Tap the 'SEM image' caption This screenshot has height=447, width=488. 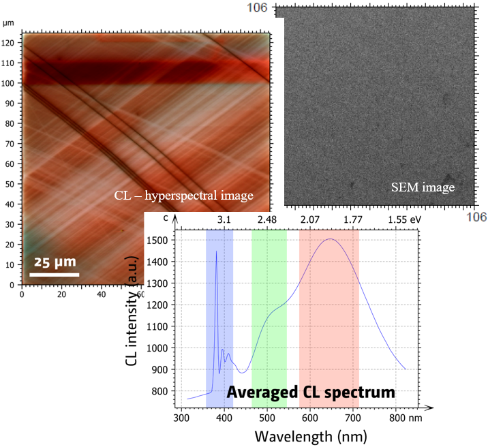click(422, 186)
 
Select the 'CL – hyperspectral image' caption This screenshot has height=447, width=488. click(183, 196)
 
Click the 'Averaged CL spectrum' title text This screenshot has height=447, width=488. click(311, 392)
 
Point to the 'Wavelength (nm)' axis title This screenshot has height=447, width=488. click(311, 435)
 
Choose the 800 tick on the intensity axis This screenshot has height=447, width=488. click(158, 391)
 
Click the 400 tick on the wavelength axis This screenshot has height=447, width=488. click(224, 417)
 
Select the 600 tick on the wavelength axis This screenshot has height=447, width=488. click(310, 417)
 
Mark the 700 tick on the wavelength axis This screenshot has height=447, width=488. click(354, 417)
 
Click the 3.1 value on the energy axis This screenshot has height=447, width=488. click(224, 219)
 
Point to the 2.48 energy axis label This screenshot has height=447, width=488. click(267, 219)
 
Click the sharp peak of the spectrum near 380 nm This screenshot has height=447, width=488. click(217, 252)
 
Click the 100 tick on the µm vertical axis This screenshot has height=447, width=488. click(10, 84)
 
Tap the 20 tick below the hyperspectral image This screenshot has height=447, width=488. click(62, 294)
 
